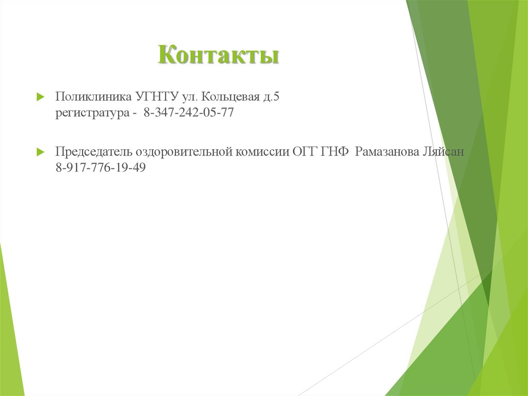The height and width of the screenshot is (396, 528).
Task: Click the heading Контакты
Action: (219, 55)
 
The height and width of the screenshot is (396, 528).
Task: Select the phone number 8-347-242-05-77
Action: (189, 113)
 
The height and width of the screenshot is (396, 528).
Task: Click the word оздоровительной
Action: (185, 152)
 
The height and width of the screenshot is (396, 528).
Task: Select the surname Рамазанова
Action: (386, 152)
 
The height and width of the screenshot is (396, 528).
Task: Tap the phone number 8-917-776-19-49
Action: (101, 168)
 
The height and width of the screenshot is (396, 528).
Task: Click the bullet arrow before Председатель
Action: (40, 152)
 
